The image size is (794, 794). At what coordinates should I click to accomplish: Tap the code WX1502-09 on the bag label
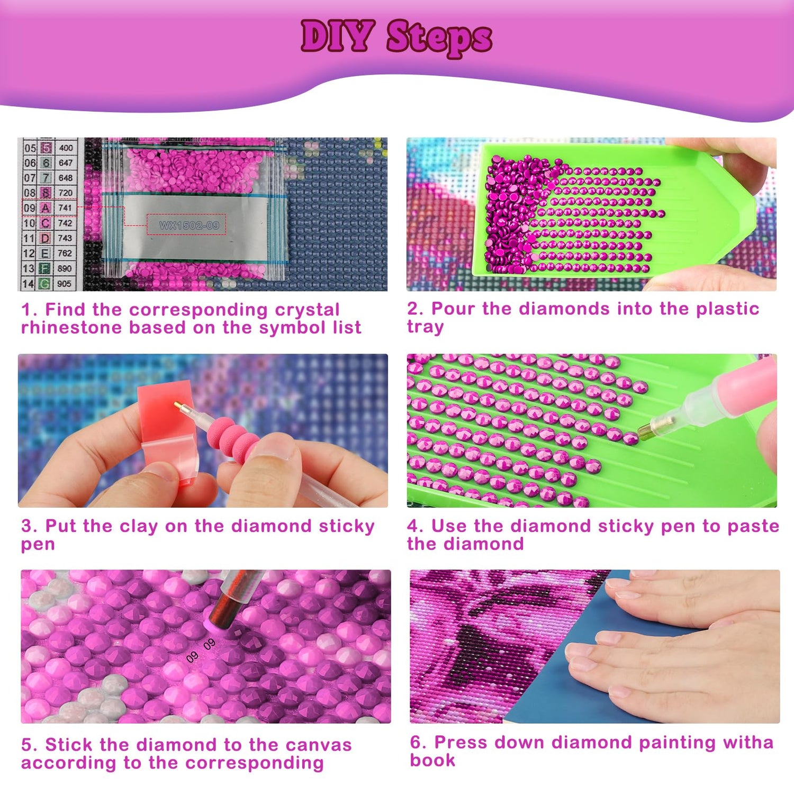pyautogui.click(x=189, y=225)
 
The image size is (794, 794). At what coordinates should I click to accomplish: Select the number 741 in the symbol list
pyautogui.click(x=65, y=208)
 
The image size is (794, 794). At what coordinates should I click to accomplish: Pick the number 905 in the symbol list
pyautogui.click(x=65, y=284)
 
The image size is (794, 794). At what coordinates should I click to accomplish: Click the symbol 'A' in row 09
pyautogui.click(x=46, y=208)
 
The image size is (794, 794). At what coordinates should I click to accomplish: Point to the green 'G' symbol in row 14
pyautogui.click(x=45, y=284)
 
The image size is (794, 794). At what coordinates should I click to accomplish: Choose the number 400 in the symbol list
pyautogui.click(x=66, y=148)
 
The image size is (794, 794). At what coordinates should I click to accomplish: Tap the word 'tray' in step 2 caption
pyautogui.click(x=425, y=327)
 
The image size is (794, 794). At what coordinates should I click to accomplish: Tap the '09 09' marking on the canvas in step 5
pyautogui.click(x=201, y=651)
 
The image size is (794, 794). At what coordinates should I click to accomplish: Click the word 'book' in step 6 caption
pyautogui.click(x=432, y=760)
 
